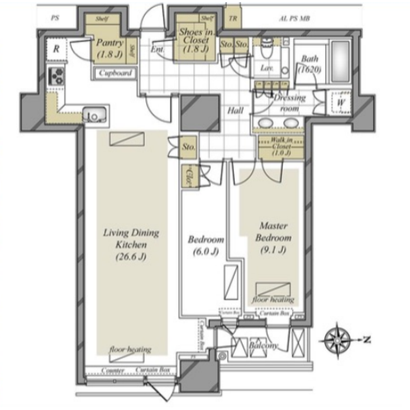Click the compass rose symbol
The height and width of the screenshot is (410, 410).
point(338,339)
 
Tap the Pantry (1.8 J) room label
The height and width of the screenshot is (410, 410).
point(109,49)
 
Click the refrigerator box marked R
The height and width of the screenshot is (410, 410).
point(56,48)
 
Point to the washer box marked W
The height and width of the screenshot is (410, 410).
point(340,102)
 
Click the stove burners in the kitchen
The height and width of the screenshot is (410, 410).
point(56,76)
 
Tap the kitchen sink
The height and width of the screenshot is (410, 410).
point(95,115)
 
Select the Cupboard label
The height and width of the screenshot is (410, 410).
point(116,73)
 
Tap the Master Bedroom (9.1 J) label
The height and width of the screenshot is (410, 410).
point(273,238)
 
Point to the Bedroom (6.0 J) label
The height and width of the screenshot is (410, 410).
point(206,245)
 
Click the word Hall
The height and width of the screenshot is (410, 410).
point(235,111)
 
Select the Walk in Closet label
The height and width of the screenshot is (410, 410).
point(282,146)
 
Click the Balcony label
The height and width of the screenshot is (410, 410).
point(263,346)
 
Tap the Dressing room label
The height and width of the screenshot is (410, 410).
point(289,103)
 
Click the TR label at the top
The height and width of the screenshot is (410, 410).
point(233,18)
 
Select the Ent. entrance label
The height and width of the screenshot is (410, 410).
point(157,49)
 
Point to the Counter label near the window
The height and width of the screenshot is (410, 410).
point(113,370)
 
